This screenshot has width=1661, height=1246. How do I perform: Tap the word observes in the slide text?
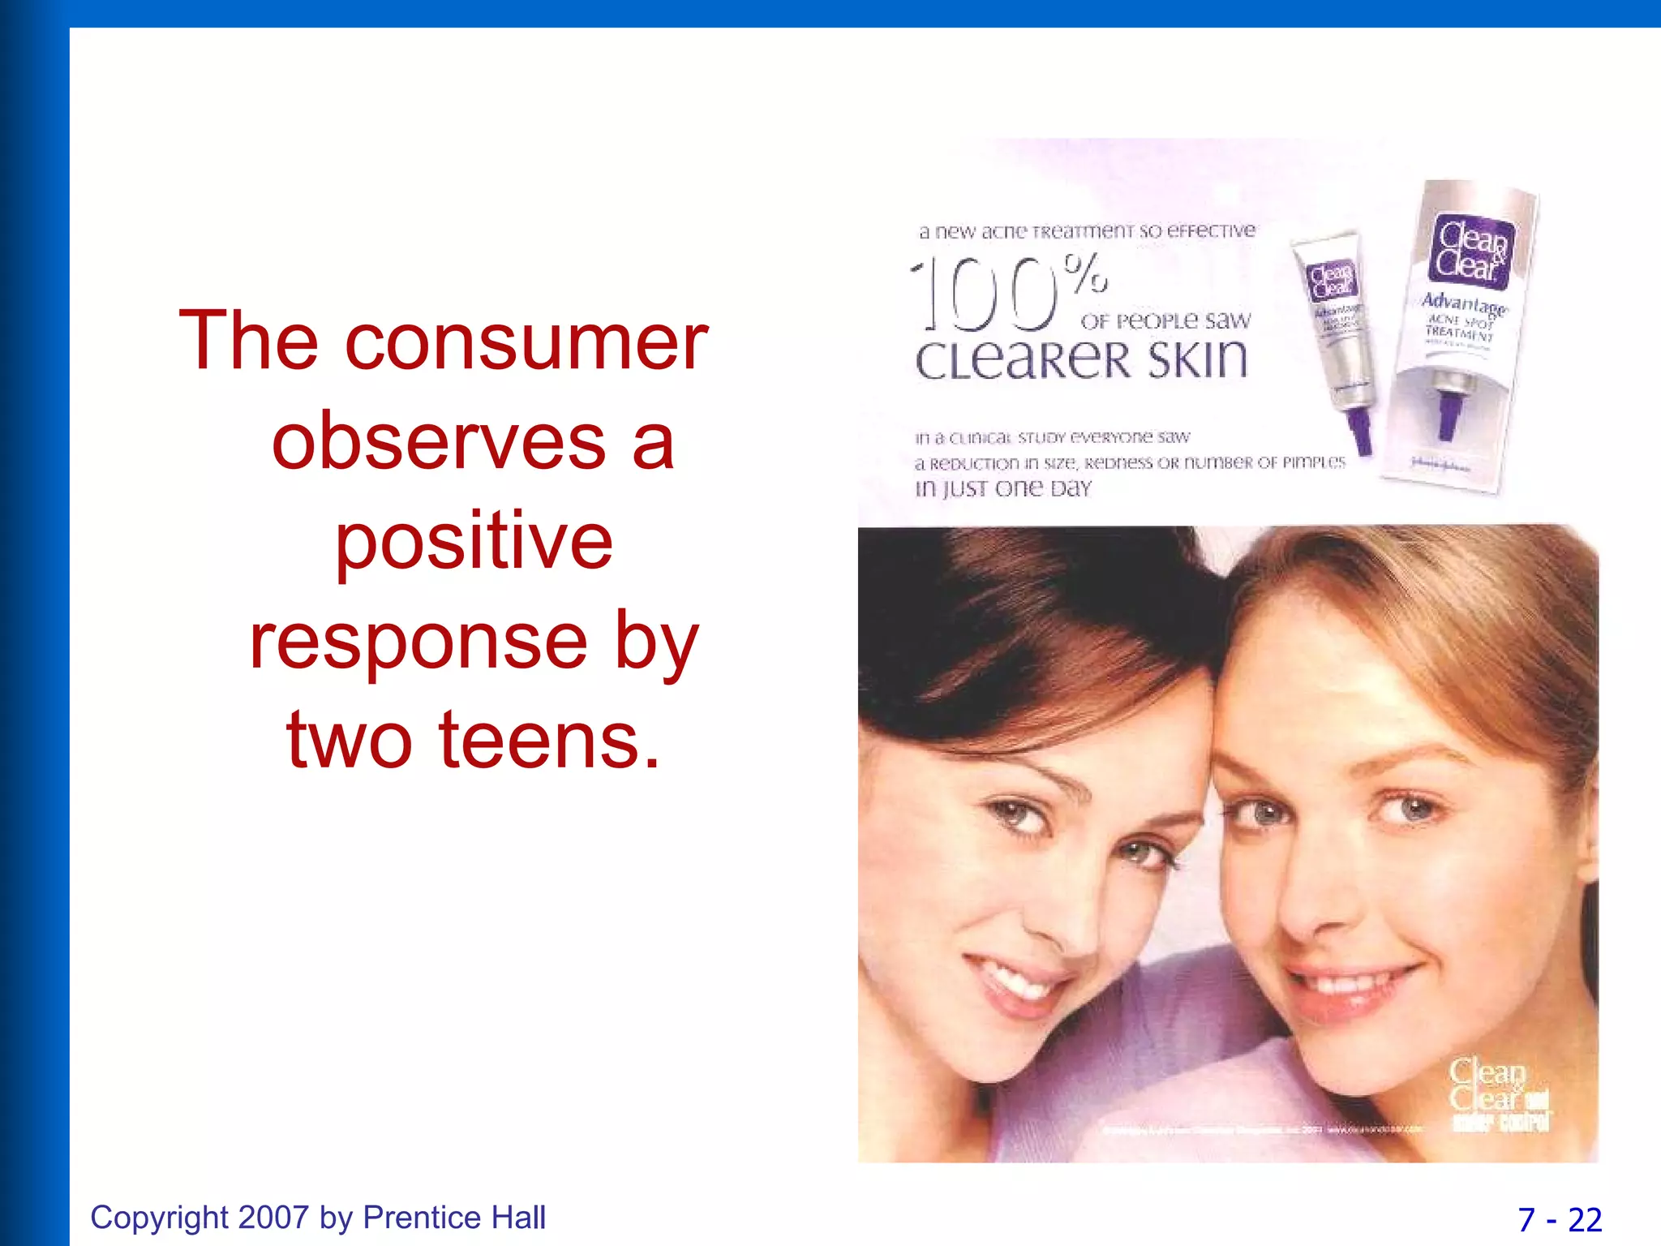(439, 442)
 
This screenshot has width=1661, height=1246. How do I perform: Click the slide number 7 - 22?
(1560, 1219)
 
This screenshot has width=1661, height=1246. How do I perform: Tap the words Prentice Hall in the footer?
(454, 1218)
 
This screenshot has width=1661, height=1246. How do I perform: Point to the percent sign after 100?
(1086, 273)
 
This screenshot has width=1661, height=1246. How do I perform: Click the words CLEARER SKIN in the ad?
(1081, 360)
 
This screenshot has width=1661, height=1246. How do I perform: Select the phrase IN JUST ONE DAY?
(1003, 488)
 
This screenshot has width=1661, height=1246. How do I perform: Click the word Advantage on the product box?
(1463, 304)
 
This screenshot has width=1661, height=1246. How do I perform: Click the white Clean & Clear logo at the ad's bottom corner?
(1488, 1085)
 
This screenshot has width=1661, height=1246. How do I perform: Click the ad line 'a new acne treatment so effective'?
(1087, 231)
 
